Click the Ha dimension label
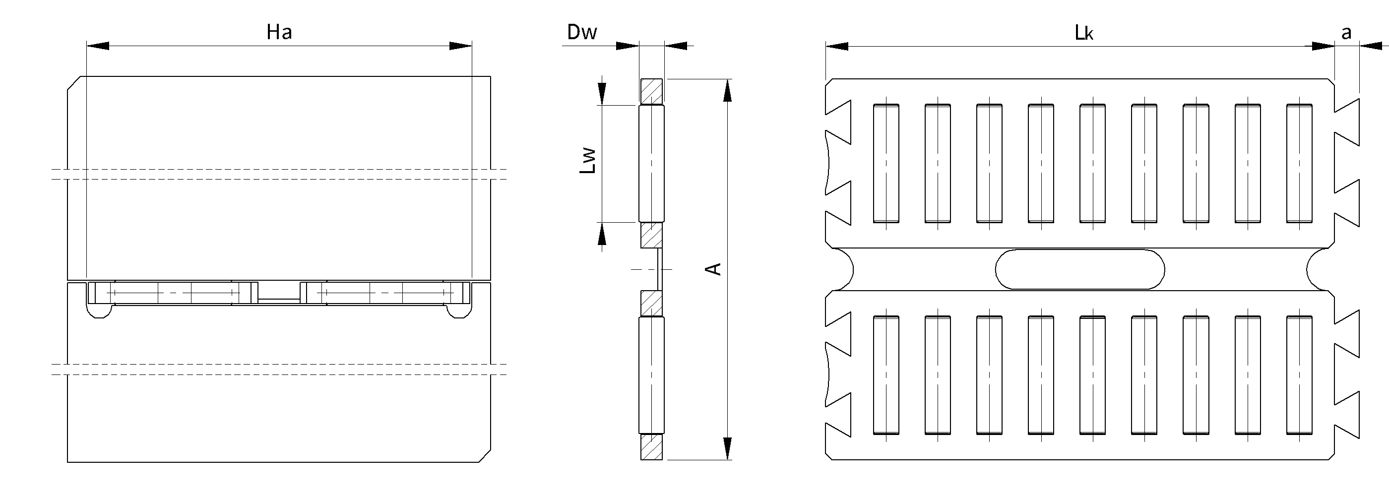tap(279, 32)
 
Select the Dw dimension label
tap(582, 32)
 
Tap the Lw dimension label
tap(588, 161)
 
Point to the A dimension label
tap(714, 269)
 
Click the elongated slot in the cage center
tap(1079, 269)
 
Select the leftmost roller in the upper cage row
tap(886, 163)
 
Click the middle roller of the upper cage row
tap(1092, 163)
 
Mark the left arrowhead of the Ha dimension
tap(98, 46)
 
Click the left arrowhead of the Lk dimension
tap(837, 46)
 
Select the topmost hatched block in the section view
tap(651, 91)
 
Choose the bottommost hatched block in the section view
tap(651, 447)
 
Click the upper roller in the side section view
tap(651, 163)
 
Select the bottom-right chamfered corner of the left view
tap(485, 456)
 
